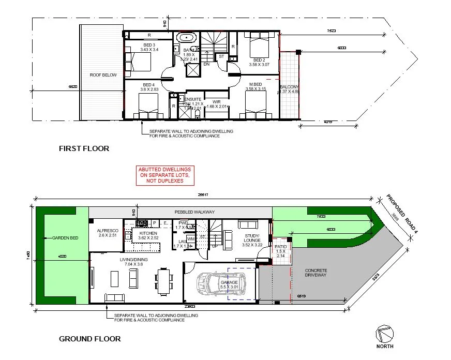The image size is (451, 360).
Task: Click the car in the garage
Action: tap(213, 282)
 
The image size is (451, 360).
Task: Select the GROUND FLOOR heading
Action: tap(90, 339)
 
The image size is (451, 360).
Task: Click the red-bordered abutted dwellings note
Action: tap(164, 175)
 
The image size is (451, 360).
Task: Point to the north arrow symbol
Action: tap(385, 335)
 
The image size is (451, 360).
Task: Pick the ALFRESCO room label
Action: tap(108, 231)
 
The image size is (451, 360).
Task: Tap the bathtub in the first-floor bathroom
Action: tap(185, 38)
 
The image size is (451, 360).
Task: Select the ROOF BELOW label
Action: tap(102, 75)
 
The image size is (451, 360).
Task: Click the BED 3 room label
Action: tap(149, 45)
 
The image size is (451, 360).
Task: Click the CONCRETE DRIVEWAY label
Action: tap(316, 273)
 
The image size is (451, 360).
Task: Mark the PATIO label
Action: tap(281, 247)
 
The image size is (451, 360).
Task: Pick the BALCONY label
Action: tap(289, 87)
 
